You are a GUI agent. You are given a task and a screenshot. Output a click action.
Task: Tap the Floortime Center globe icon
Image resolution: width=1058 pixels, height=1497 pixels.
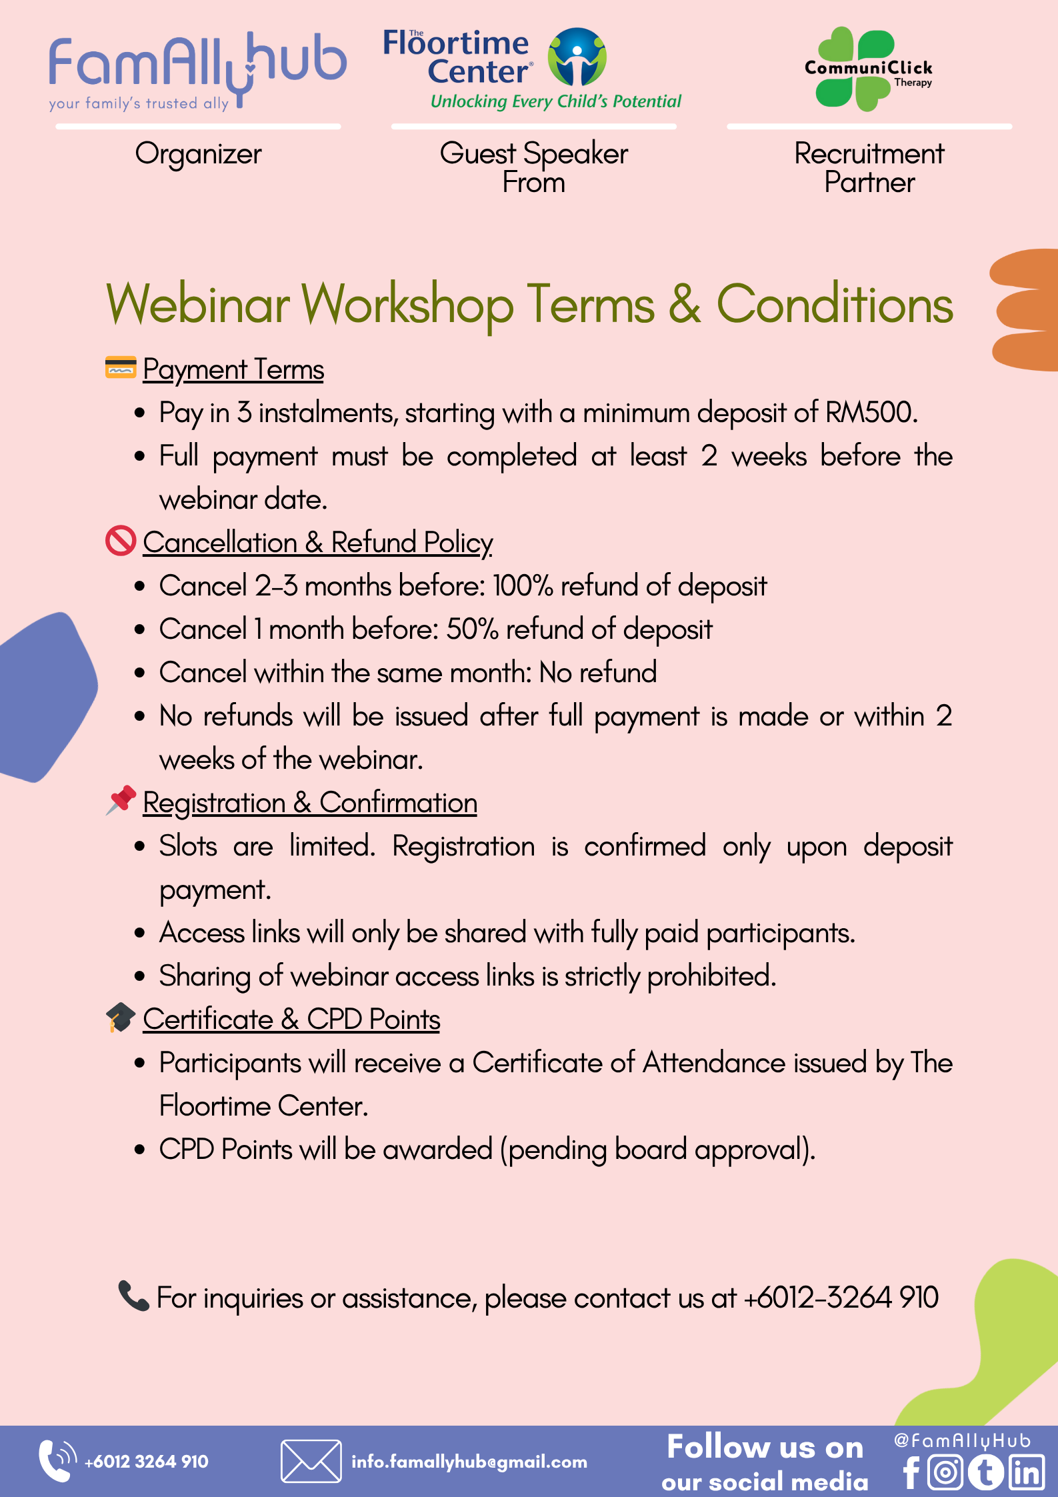(x=577, y=57)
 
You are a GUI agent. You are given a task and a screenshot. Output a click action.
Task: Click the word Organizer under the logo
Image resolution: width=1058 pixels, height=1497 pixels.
(x=198, y=155)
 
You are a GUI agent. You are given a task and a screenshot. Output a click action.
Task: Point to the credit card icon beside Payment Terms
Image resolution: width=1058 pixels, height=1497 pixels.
(x=121, y=367)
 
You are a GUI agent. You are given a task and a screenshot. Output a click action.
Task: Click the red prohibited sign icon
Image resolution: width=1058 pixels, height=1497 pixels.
(x=121, y=541)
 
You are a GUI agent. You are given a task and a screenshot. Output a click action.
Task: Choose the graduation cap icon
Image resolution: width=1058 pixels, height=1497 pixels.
(x=121, y=1018)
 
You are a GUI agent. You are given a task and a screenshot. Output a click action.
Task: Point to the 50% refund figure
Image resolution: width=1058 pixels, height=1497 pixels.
(x=473, y=629)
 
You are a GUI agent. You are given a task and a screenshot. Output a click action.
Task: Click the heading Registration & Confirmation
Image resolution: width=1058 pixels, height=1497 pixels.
(x=310, y=803)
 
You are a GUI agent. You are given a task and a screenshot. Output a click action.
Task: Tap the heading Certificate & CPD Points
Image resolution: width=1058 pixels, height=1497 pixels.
(x=291, y=1019)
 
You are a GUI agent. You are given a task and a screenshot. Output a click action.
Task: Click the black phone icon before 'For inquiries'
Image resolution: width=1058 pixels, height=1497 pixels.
(x=133, y=1296)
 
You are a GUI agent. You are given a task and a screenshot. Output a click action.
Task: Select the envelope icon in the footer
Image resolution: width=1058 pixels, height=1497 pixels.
(x=311, y=1461)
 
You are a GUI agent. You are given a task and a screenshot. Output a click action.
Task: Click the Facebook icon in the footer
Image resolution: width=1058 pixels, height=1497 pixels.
(x=911, y=1472)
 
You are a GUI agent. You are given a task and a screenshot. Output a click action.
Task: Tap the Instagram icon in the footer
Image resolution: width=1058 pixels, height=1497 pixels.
(x=945, y=1472)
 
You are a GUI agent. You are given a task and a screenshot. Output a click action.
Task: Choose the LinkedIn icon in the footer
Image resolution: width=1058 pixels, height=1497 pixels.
(x=1027, y=1472)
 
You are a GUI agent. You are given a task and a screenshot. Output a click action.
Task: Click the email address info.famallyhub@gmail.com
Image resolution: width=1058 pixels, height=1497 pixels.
(x=469, y=1462)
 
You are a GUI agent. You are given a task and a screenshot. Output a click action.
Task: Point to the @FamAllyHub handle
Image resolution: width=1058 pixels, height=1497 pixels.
(x=962, y=1440)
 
